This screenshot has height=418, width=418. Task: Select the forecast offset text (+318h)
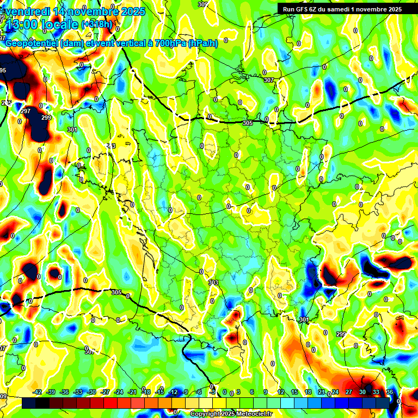click(x=97, y=24)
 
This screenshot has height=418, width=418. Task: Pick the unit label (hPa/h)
click(x=202, y=44)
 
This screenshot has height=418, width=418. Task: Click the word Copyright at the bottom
click(x=206, y=414)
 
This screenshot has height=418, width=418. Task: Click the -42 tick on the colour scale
click(x=38, y=392)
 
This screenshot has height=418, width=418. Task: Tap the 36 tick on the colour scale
click(x=390, y=392)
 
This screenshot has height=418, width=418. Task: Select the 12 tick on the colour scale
click(x=281, y=392)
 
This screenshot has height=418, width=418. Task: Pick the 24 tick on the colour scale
click(x=335, y=392)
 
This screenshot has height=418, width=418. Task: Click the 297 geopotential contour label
click(x=26, y=111)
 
